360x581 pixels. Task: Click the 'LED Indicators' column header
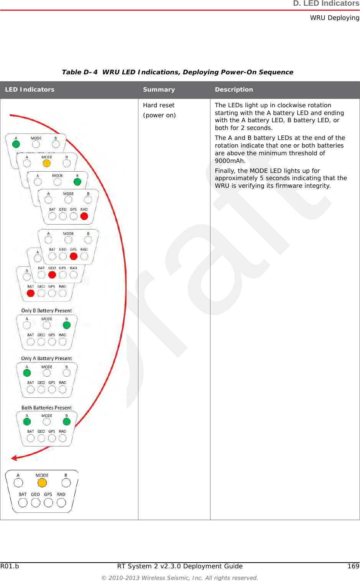pos(30,90)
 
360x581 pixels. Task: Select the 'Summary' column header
pos(159,90)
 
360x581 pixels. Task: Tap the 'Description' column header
pos(234,90)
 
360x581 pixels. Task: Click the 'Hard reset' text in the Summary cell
pos(159,105)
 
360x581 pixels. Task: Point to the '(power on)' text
pos(159,115)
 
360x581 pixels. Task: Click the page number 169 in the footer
pos(353,566)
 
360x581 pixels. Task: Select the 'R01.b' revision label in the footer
pos(10,566)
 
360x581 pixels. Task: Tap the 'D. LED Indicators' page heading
pos(326,4)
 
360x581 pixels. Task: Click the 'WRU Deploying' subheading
pos(335,18)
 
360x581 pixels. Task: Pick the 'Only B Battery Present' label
pos(46,311)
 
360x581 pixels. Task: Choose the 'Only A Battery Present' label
pos(46,359)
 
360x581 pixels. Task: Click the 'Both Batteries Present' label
pos(46,408)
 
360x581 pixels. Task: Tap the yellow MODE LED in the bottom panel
pos(42,483)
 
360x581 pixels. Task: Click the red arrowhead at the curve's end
pos(14,458)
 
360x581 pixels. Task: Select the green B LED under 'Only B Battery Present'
pos(67,325)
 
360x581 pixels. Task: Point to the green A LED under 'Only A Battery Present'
pos(27,373)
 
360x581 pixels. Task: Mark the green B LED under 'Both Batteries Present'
pos(67,422)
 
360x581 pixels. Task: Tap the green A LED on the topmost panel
pos(16,144)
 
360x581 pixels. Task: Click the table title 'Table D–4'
pos(80,72)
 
